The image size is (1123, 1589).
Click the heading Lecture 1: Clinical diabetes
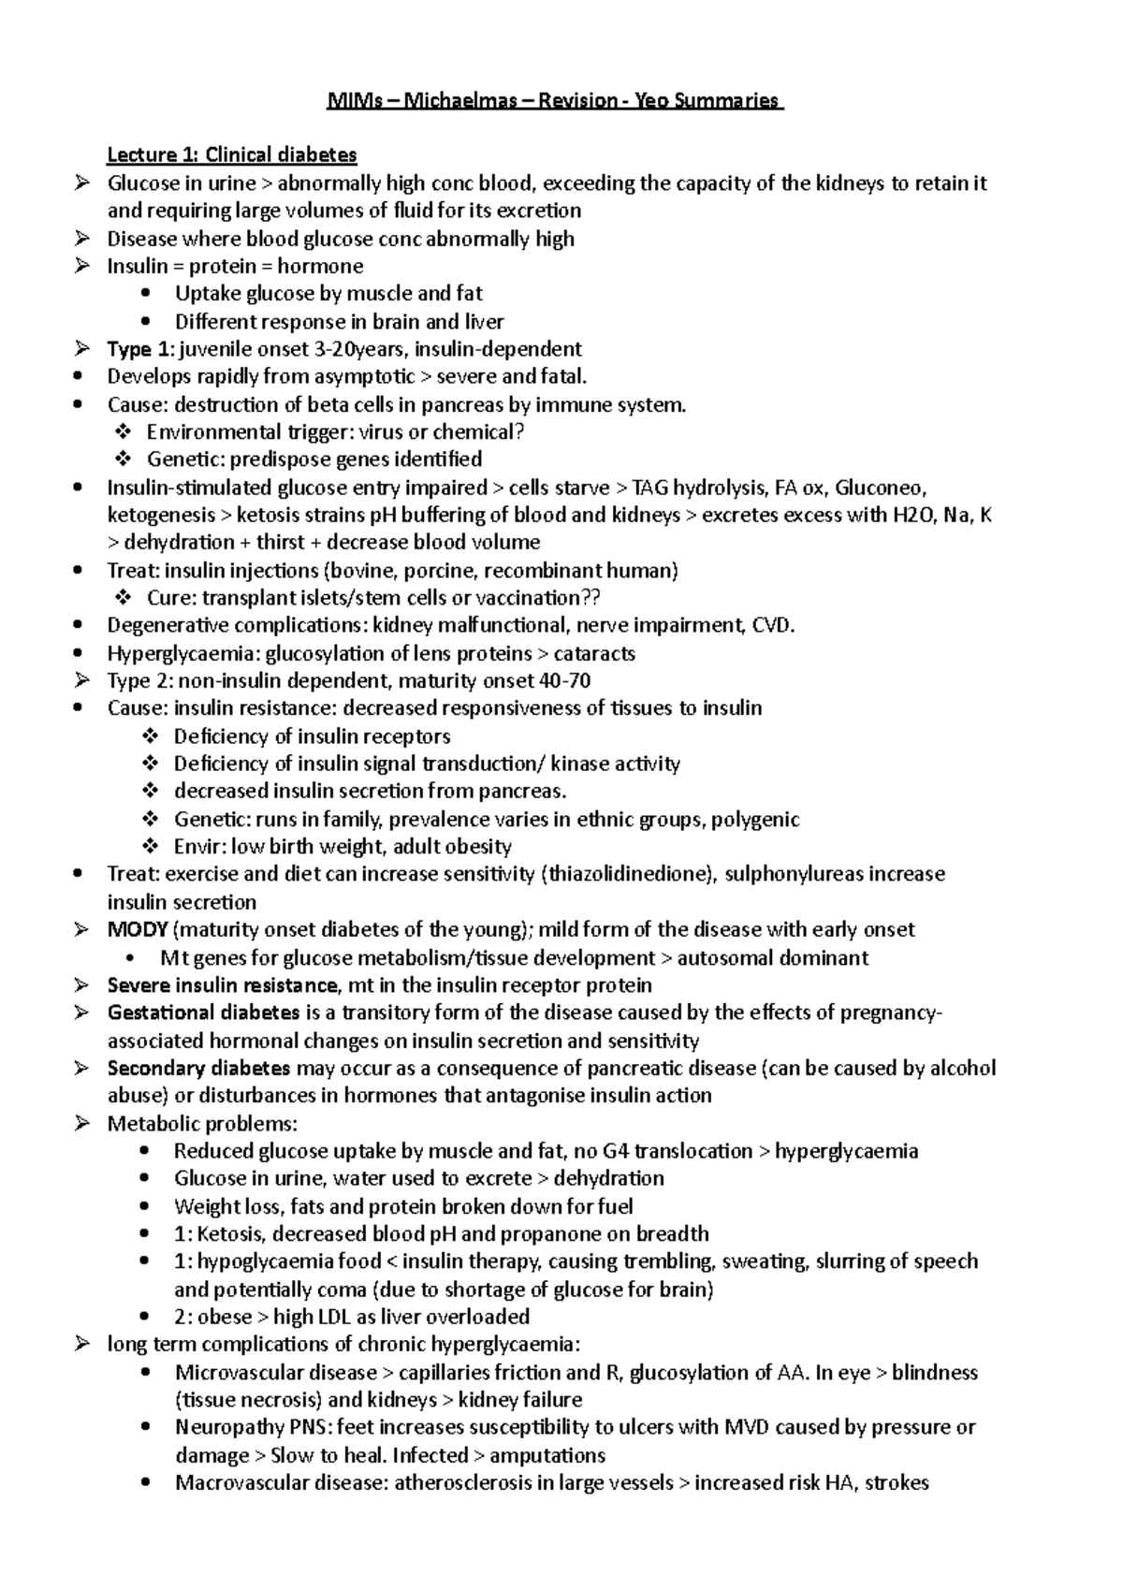point(232,154)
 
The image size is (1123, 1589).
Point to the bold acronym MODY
point(138,929)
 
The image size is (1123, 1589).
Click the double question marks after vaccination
point(591,597)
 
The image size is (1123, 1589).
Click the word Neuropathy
point(223,1427)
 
